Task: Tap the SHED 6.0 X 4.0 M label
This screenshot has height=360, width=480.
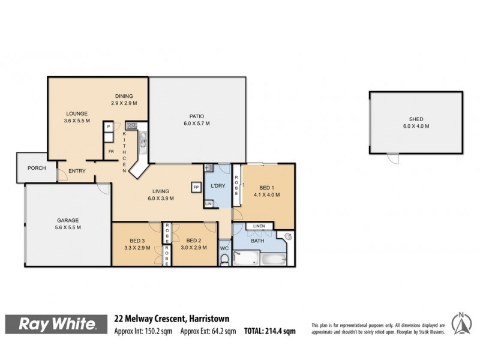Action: (415, 122)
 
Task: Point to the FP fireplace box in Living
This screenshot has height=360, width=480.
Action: (196, 187)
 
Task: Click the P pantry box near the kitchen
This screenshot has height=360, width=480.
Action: (109, 127)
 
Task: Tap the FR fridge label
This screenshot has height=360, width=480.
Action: (111, 152)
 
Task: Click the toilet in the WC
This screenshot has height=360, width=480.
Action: (224, 259)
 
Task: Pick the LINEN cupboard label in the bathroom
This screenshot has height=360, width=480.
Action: (259, 226)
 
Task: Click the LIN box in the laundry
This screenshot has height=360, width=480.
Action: (209, 204)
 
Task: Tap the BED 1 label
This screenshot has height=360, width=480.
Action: (263, 186)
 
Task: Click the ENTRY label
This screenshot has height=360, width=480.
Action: (77, 171)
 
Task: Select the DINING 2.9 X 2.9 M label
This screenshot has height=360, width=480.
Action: (124, 100)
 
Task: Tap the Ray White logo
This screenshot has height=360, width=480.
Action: (58, 324)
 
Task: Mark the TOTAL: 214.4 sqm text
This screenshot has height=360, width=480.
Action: (269, 331)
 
